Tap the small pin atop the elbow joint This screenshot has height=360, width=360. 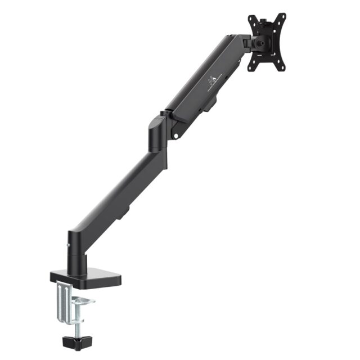point(162,112)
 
